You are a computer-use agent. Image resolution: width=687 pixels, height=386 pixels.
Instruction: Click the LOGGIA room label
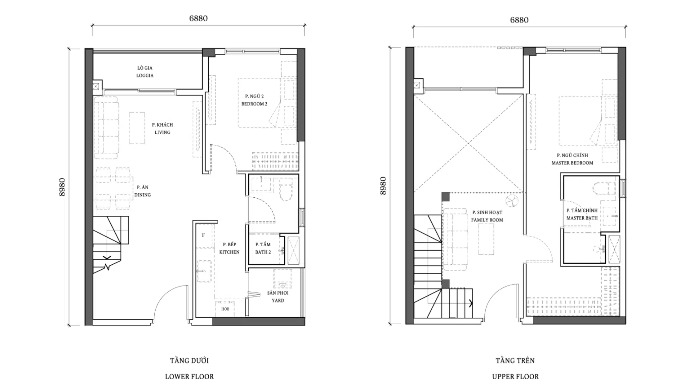pyautogui.click(x=145, y=75)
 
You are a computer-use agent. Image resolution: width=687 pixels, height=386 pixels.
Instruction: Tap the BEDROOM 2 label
pyautogui.click(x=254, y=104)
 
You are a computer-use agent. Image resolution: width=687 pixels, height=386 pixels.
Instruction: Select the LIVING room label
pyautogui.click(x=162, y=132)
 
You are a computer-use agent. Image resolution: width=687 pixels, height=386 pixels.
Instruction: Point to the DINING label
pyautogui.click(x=143, y=195)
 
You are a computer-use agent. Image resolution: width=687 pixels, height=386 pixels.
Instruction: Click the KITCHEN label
pyautogui.click(x=229, y=252)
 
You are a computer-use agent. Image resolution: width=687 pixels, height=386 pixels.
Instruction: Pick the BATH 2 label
pyautogui.click(x=263, y=252)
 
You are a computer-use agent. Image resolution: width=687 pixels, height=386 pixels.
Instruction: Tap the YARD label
pyautogui.click(x=278, y=301)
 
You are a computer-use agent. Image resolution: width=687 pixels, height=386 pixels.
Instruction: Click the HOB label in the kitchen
pyautogui.click(x=225, y=309)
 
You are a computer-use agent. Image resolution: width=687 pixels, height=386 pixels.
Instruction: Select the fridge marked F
pyautogui.click(x=203, y=235)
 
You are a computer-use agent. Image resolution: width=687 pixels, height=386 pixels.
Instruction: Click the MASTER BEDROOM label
pyautogui.click(x=572, y=163)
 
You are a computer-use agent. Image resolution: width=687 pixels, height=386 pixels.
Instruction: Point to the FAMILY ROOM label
pyautogui.click(x=487, y=220)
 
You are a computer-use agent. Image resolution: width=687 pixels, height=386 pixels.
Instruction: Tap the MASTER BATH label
pyautogui.click(x=582, y=218)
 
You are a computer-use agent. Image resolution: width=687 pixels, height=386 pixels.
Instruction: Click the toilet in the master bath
pyautogui.click(x=603, y=189)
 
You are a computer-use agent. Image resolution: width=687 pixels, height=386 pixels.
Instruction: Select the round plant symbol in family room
pyautogui.click(x=512, y=201)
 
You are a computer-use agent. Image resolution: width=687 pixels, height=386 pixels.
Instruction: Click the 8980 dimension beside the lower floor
pyautogui.click(x=62, y=187)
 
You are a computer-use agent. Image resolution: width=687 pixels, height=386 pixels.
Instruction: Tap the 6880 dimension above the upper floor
pyautogui.click(x=519, y=20)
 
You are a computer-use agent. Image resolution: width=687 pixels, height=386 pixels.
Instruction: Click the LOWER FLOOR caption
pyautogui.click(x=189, y=377)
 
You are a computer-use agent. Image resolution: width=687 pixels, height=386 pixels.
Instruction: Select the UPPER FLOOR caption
pyautogui.click(x=515, y=377)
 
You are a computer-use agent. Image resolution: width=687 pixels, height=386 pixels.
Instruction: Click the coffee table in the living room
pyautogui.click(x=137, y=128)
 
